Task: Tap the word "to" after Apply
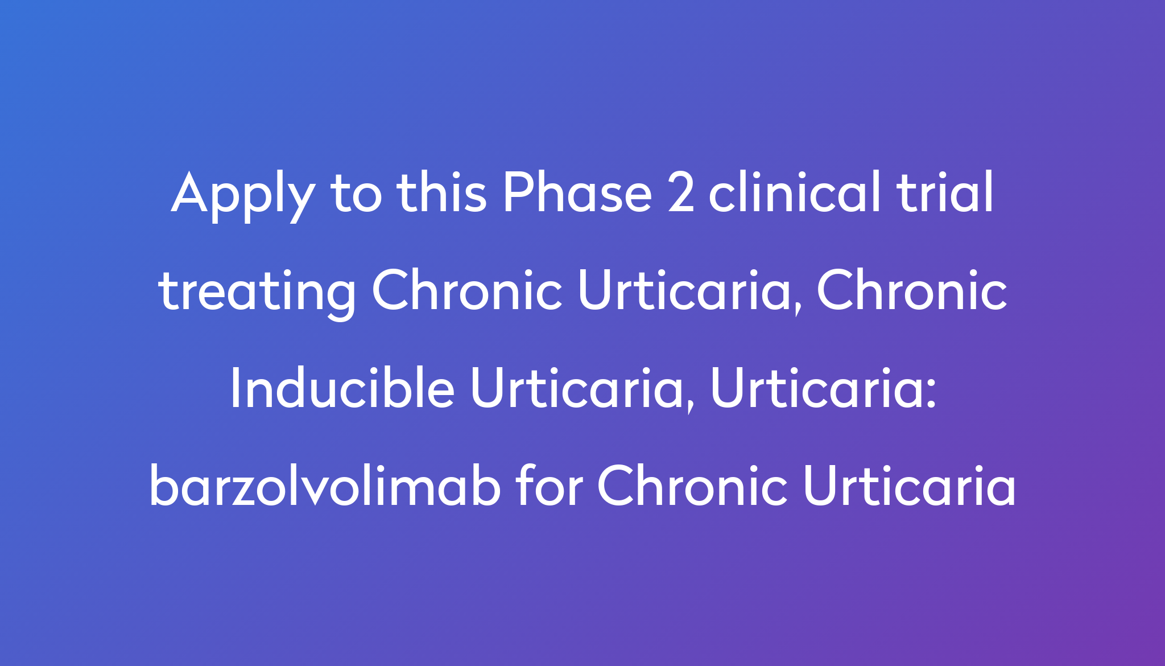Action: click(356, 193)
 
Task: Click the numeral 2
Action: click(680, 193)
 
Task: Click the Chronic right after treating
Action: click(467, 290)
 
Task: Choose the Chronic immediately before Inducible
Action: click(911, 290)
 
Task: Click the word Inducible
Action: click(342, 388)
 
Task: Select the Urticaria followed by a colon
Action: click(817, 388)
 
